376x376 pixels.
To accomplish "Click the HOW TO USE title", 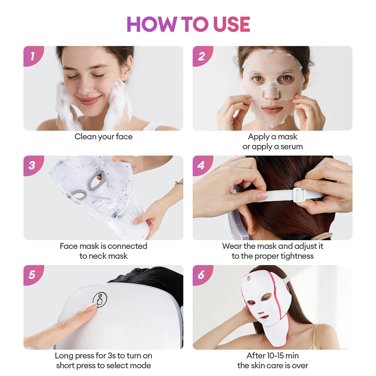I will coord(188,24).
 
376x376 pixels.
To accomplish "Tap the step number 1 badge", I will coord(32,56).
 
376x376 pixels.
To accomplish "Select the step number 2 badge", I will coord(202,56).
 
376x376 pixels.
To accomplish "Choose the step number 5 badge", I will coord(32,275).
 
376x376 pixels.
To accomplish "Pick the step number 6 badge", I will coord(202,275).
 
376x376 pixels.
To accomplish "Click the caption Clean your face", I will coord(103,137).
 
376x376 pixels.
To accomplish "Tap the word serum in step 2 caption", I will coord(291,147).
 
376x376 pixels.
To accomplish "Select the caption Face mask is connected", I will coord(103,246).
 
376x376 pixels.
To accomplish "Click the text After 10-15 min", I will coord(273,356).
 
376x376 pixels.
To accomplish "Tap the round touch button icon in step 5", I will coord(100,299).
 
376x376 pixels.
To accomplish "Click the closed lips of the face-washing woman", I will coord(89,101).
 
